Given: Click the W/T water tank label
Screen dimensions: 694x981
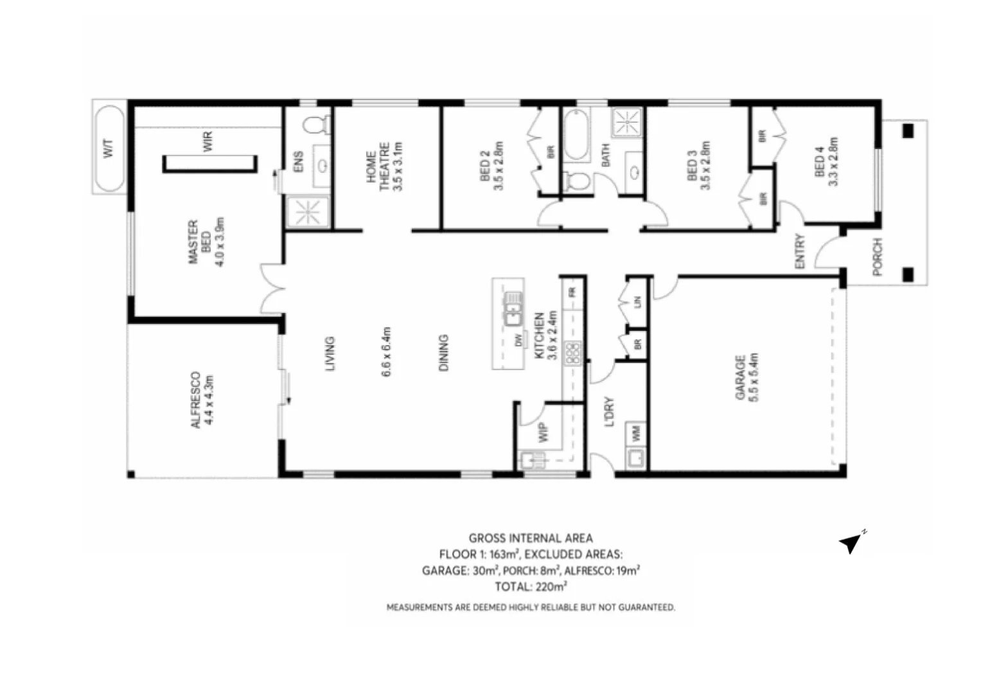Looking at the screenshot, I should tap(108, 149).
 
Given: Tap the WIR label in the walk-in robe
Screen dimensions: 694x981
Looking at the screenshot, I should tap(207, 142).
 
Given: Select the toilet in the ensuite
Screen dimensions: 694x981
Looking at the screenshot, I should tap(316, 125).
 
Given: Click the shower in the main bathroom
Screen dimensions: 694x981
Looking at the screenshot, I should tap(626, 121).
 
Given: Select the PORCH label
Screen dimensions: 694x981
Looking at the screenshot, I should tap(878, 257).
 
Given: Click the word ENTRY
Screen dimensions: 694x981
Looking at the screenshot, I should tap(800, 251).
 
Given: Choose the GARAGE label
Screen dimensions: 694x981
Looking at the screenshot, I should tap(740, 377).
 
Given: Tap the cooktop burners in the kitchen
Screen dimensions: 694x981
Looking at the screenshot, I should tap(572, 353).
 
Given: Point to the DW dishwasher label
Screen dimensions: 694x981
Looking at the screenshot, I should tap(518, 341).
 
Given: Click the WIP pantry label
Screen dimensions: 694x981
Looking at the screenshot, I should tap(544, 432).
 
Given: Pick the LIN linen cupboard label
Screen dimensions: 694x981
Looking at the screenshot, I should tap(637, 301).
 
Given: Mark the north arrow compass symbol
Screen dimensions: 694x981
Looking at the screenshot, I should tap(851, 544).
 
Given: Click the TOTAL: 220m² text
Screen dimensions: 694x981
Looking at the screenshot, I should tap(530, 586).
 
